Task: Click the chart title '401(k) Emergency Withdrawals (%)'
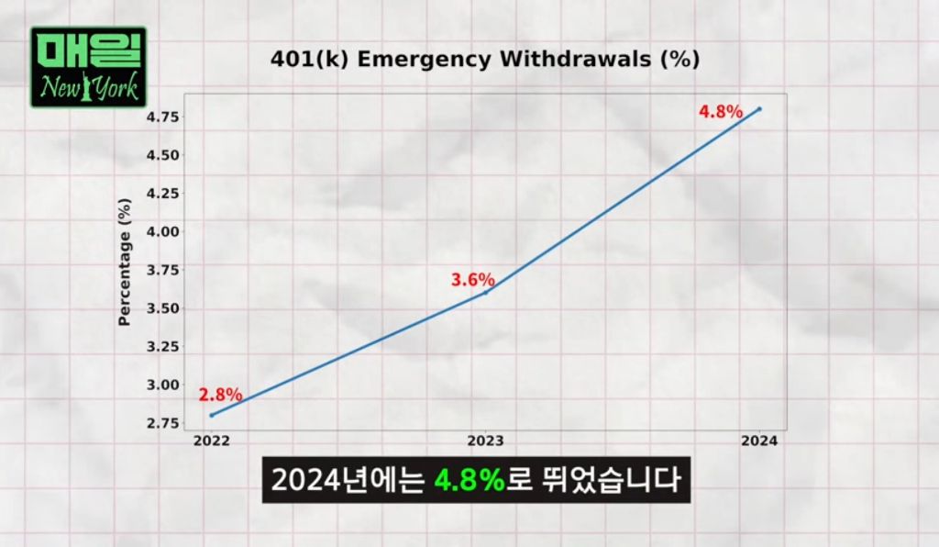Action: pos(485,60)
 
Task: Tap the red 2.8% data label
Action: pos(220,396)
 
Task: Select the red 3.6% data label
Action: pos(472,279)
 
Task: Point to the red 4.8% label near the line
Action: pos(720,112)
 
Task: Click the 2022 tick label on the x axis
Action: pos(212,441)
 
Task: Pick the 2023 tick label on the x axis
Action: pos(486,441)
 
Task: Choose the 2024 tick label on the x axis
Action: pos(760,441)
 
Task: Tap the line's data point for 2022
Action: pos(212,415)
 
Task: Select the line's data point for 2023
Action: pos(486,292)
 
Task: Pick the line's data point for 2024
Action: pos(759,109)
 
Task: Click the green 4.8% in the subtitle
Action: pos(470,480)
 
